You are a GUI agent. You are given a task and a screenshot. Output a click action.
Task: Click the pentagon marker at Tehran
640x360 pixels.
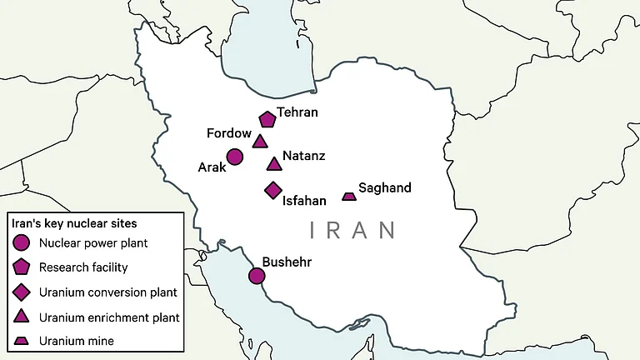[x=267, y=119]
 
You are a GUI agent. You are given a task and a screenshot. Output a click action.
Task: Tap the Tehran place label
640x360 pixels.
[x=297, y=112]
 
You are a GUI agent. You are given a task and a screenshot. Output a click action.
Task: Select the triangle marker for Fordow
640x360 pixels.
[x=260, y=142]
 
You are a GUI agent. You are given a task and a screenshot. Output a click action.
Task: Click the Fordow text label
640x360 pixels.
[x=229, y=133]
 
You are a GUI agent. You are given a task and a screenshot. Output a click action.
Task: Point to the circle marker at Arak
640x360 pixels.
[x=235, y=157]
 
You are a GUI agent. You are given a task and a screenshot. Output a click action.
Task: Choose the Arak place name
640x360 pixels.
[x=212, y=167]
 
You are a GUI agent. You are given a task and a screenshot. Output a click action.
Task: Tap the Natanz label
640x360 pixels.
[x=304, y=156]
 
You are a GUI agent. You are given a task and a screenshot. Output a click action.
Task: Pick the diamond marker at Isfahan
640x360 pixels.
[x=272, y=191]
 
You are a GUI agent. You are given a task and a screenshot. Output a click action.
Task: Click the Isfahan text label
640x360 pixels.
[x=304, y=201]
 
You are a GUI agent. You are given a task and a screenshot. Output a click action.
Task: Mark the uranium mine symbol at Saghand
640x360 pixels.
[x=349, y=197]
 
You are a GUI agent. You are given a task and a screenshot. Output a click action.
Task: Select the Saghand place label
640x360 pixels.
[x=384, y=187]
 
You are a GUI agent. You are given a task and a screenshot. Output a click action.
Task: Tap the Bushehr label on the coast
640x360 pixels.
[x=287, y=262]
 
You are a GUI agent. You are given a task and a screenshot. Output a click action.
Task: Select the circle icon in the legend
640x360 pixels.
[x=22, y=243]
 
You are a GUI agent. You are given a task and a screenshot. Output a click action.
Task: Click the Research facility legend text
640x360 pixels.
[x=83, y=267]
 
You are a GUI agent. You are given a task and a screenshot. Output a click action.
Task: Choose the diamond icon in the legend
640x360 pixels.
[x=22, y=292]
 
